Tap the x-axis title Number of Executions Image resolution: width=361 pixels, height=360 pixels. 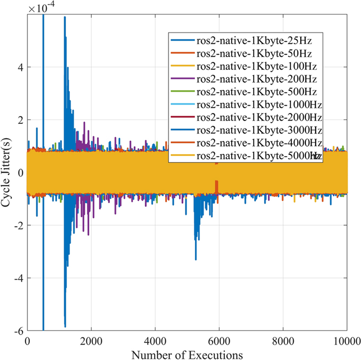(x=187, y=354)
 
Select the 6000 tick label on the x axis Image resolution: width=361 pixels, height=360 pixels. (x=219, y=340)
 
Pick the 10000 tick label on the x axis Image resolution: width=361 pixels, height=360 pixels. (x=347, y=340)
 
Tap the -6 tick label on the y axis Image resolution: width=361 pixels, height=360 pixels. (x=17, y=331)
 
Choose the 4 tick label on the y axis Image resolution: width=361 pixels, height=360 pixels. (x=19, y=68)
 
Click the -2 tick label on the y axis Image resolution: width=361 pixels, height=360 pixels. (x=17, y=225)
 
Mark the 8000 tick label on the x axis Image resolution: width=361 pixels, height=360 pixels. (x=283, y=340)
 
